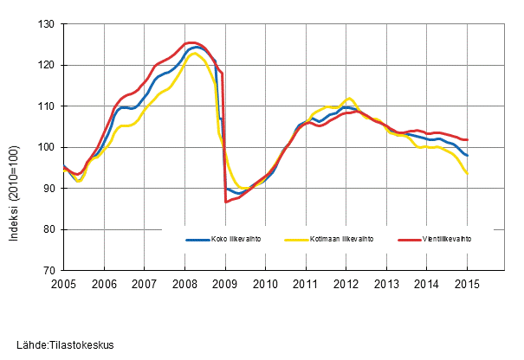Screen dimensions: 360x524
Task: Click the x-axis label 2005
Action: click(64, 284)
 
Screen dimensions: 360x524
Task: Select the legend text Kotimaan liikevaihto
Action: click(342, 240)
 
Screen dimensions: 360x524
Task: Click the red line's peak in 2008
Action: click(189, 42)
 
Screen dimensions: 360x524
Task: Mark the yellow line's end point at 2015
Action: click(468, 173)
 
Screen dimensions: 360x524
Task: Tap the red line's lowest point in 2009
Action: click(226, 202)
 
